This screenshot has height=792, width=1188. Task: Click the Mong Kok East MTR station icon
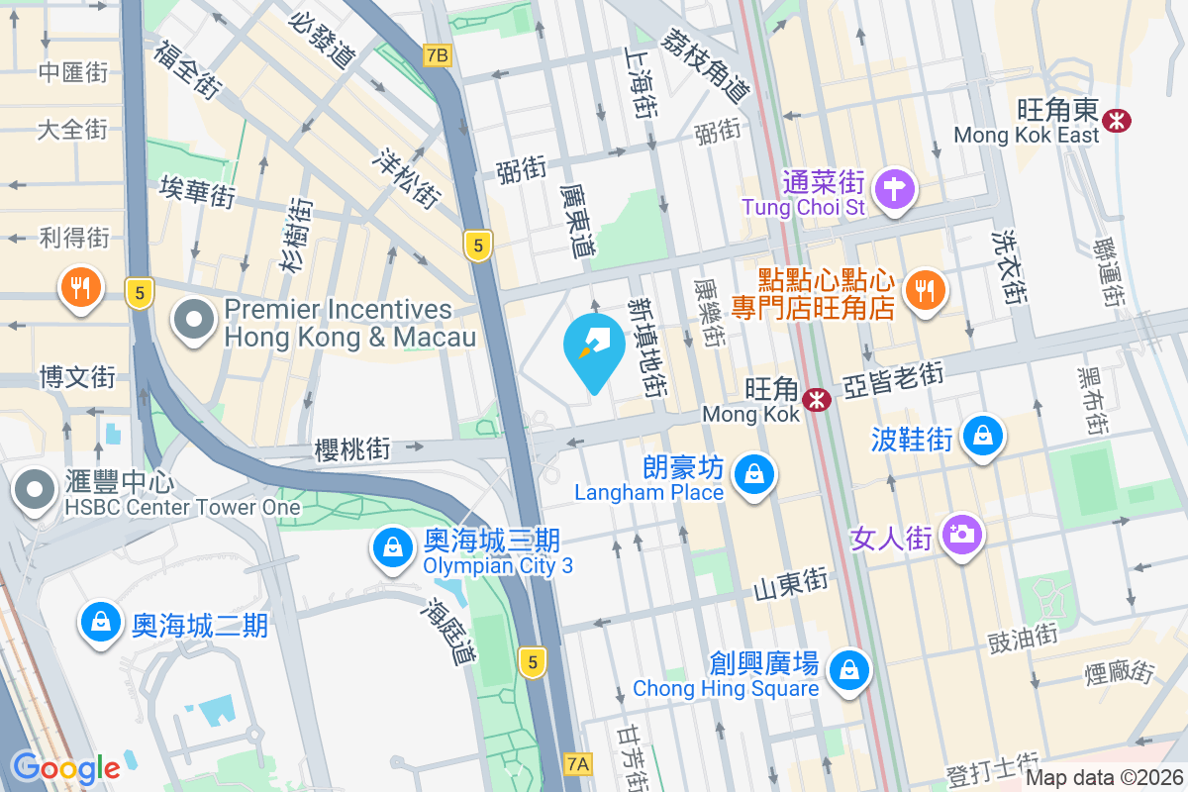pyautogui.click(x=1118, y=120)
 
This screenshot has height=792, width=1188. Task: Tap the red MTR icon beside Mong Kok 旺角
pyautogui.click(x=817, y=400)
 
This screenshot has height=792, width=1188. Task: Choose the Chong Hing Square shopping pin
pyautogui.click(x=848, y=670)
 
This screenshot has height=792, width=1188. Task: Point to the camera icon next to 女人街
pyautogui.click(x=960, y=536)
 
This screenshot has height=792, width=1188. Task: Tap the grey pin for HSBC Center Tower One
pyautogui.click(x=36, y=489)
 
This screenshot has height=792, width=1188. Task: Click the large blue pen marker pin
pyautogui.click(x=594, y=350)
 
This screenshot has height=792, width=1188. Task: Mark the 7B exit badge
pyautogui.click(x=436, y=54)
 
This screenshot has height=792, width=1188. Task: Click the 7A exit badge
pyautogui.click(x=579, y=763)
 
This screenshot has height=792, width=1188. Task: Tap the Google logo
pyautogui.click(x=65, y=767)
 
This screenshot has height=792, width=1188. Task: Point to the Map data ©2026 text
pyautogui.click(x=1104, y=777)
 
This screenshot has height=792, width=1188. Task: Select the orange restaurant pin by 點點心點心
pyautogui.click(x=926, y=289)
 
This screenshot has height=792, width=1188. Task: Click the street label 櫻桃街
pyautogui.click(x=351, y=448)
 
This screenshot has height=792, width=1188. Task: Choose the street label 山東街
pyautogui.click(x=790, y=583)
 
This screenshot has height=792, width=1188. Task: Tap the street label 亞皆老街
pyautogui.click(x=893, y=379)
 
